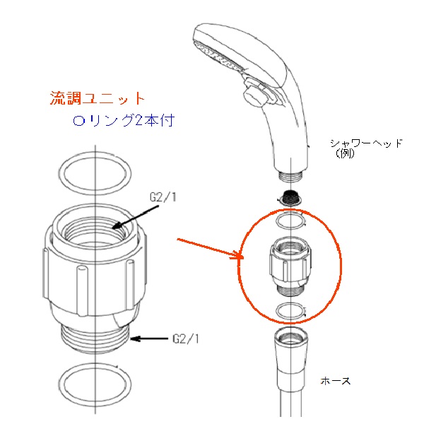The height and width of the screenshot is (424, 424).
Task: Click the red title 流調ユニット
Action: (x=98, y=98)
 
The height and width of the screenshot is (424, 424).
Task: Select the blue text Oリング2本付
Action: (x=124, y=120)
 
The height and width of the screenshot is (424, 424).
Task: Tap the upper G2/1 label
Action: (x=163, y=197)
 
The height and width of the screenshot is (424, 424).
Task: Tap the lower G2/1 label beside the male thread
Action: (x=186, y=338)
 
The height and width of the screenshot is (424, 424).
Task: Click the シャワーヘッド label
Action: (x=367, y=143)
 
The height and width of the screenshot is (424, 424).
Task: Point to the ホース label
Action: (x=336, y=381)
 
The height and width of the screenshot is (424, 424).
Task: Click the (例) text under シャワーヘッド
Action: (x=345, y=153)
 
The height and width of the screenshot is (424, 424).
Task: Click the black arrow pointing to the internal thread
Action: (x=136, y=217)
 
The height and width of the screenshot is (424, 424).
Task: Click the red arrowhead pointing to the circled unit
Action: (x=237, y=255)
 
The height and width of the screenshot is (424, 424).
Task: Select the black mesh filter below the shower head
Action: (x=290, y=198)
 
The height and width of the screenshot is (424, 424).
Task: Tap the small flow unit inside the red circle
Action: (x=290, y=266)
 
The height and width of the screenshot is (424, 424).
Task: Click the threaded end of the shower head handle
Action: (x=290, y=176)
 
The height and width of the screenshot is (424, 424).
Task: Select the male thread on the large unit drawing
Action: (x=95, y=338)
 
